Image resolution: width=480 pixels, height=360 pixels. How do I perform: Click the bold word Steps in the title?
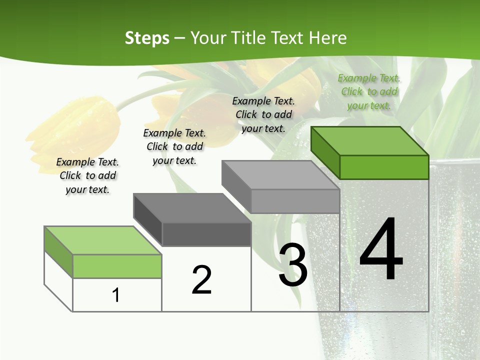[147, 38]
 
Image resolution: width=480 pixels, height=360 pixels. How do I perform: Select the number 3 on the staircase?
[293, 265]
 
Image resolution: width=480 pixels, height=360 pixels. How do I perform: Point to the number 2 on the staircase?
[202, 279]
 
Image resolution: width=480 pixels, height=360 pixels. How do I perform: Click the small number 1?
[116, 295]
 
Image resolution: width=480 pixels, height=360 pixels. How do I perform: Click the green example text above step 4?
[369, 92]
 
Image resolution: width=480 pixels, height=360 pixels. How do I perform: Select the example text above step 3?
[263, 114]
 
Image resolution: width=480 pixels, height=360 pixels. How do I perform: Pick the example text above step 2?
[174, 146]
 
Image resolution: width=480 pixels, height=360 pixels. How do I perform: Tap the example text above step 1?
[87, 175]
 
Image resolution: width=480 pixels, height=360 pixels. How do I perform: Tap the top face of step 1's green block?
[103, 240]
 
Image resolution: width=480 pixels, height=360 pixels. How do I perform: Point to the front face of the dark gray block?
[206, 234]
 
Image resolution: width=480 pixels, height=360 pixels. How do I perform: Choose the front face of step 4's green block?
[384, 167]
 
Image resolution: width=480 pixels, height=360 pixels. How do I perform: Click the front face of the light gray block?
[295, 201]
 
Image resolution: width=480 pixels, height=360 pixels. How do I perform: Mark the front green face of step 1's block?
[117, 266]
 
